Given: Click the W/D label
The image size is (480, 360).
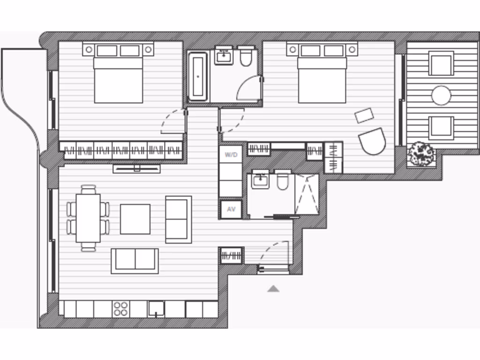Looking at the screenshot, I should coord(231,155).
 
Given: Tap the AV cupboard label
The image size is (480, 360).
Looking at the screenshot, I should coord(231,210).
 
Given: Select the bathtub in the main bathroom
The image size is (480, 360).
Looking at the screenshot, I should coord(198,76).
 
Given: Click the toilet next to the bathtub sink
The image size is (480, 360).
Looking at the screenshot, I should coord(246,56).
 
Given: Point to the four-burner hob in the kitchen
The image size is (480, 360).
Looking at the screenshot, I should coord(120,309).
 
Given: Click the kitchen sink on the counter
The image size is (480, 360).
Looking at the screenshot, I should coord(156,309).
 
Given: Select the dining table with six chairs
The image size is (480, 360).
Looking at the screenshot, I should coord(88,217).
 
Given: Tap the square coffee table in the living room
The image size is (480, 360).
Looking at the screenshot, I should coord(135,219).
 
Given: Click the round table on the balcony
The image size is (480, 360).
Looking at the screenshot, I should coord(441,96).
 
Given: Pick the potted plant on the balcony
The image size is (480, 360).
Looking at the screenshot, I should coord(421,153).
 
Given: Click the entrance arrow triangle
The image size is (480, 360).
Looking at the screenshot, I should coord(273,289).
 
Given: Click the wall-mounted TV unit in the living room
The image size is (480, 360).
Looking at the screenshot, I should coord(136,168).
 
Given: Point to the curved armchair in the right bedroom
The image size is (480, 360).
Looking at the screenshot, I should coord(372,141).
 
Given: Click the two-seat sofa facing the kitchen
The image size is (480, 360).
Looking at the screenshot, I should coord(135,261).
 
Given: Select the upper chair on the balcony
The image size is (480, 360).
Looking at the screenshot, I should coord(441,64).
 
